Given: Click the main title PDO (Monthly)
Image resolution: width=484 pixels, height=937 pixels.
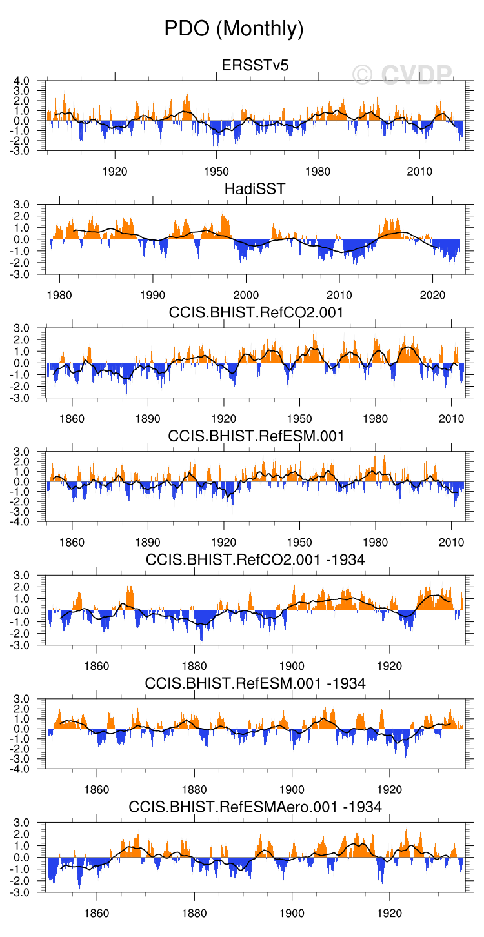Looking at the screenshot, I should [x=234, y=28].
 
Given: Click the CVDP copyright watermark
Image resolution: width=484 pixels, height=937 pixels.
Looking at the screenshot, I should [x=402, y=75].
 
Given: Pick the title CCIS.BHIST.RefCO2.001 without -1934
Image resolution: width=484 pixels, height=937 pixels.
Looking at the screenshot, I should [x=256, y=313].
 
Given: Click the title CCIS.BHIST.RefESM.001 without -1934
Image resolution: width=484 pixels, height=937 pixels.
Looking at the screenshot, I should [x=256, y=436].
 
